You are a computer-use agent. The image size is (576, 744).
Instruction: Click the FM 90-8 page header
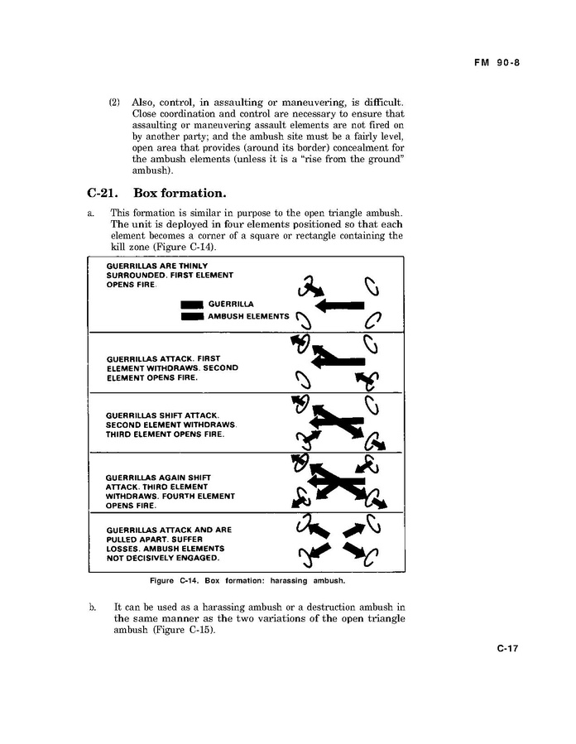(x=502, y=62)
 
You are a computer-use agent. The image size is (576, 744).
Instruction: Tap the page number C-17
(x=507, y=649)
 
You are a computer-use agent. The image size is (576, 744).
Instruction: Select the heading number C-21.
(x=103, y=194)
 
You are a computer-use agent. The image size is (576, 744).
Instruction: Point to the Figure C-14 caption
(x=246, y=580)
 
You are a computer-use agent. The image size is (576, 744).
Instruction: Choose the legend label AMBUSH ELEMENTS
(x=248, y=316)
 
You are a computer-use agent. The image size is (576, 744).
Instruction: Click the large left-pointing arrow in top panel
(x=339, y=305)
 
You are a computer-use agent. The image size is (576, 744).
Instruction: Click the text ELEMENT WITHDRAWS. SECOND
(x=172, y=367)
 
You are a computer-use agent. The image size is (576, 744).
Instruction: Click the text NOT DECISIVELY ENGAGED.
(x=163, y=558)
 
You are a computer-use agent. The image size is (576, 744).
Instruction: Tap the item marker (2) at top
(x=115, y=103)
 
